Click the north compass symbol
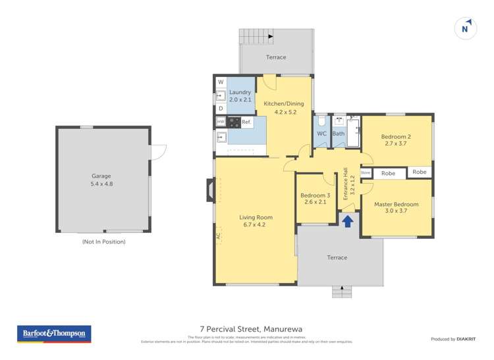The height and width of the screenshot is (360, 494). point(466,28)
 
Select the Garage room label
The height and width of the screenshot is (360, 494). point(102,180)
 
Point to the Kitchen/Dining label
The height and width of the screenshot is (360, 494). point(280,108)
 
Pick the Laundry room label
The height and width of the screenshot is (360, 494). point(240,96)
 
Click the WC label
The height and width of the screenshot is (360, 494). point(321,134)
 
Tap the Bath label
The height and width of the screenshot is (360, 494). point(339,134)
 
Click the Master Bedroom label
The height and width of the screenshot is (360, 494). point(397,208)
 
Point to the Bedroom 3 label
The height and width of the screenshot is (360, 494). point(315,199)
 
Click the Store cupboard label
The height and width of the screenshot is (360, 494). point(366,173)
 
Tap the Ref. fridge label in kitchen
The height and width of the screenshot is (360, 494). point(246,122)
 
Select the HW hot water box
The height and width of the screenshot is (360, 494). point(221,122)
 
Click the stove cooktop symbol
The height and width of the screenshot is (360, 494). point(233,122)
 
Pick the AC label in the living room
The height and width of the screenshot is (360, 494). point(218,235)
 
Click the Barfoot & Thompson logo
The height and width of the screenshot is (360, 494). point(54,334)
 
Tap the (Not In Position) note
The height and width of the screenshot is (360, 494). point(103,242)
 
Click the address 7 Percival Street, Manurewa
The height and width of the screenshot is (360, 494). point(247,329)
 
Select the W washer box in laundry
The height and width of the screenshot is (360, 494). point(221,82)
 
